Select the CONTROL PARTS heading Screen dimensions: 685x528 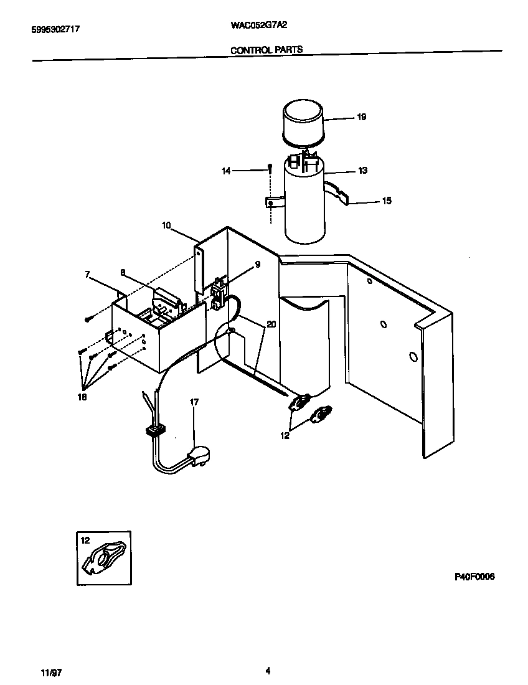[x=266, y=50]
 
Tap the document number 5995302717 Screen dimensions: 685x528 [x=55, y=29]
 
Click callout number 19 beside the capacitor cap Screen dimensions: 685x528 [x=362, y=117]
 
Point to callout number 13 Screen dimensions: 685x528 [x=362, y=171]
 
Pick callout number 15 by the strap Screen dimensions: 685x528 [x=387, y=201]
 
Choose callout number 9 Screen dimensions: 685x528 [x=257, y=264]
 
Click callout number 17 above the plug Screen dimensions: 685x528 [x=194, y=403]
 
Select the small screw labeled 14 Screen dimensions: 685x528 [x=270, y=167]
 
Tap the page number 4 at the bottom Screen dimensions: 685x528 [x=268, y=671]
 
